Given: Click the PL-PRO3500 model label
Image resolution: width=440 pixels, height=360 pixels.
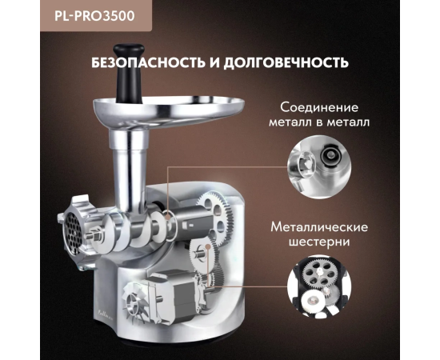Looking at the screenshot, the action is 94,16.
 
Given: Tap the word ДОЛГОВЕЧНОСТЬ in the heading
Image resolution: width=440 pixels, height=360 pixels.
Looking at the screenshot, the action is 286,62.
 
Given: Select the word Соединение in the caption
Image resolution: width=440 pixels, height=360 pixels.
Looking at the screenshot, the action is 319,107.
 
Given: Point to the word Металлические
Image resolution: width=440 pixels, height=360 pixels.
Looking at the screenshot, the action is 319,227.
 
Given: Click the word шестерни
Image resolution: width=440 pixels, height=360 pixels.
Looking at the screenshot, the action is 319,242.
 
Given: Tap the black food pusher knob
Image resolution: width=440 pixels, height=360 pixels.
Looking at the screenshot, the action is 129,73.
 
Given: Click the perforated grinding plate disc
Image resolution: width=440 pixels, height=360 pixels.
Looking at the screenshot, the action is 73,232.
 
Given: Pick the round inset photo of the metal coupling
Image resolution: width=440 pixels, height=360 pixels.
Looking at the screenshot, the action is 319,167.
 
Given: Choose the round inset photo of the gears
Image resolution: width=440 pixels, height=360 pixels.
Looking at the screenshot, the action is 319,286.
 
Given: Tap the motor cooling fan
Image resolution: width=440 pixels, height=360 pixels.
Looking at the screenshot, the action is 134,303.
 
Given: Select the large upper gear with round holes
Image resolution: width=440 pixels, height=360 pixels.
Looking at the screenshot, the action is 216,218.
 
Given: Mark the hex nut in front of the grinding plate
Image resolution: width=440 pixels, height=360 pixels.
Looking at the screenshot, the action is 96,237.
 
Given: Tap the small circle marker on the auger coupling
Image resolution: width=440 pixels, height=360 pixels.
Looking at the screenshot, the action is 168,217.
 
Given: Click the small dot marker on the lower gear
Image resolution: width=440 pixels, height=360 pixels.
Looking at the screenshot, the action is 208,246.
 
